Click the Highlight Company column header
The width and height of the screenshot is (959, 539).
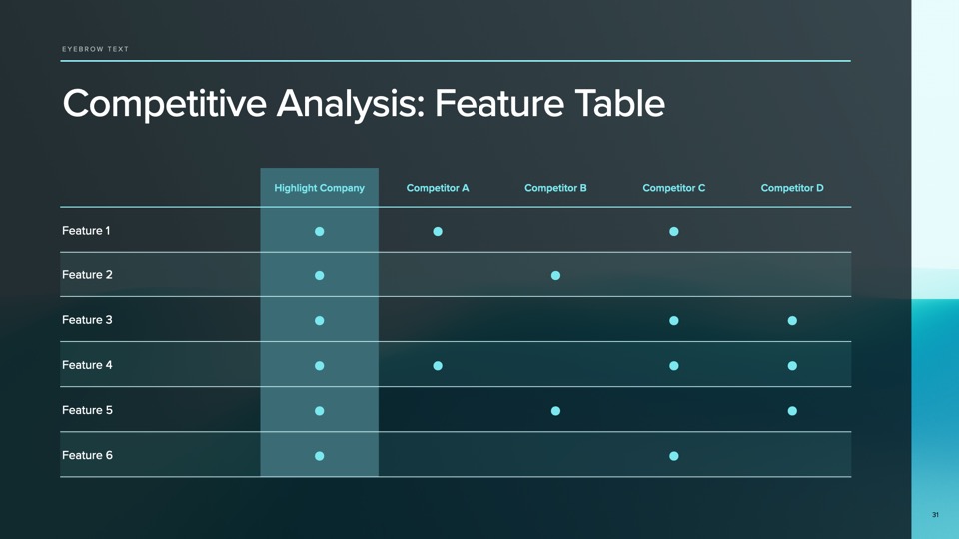click(x=319, y=188)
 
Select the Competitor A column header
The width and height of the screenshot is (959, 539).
click(x=438, y=188)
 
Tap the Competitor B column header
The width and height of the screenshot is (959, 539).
click(x=555, y=188)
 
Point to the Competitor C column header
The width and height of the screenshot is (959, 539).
click(x=674, y=188)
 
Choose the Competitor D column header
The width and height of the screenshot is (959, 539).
click(x=792, y=188)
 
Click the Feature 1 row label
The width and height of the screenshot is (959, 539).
click(x=86, y=231)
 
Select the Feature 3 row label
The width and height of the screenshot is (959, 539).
click(x=87, y=320)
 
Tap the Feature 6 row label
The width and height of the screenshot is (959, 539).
click(x=87, y=455)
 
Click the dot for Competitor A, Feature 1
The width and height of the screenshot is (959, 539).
click(x=438, y=231)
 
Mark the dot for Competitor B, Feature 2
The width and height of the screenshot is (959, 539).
click(x=555, y=275)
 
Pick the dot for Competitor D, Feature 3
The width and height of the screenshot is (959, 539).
click(x=792, y=320)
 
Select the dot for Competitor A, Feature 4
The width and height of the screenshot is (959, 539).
click(x=438, y=366)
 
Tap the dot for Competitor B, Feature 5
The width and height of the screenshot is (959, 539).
click(x=555, y=410)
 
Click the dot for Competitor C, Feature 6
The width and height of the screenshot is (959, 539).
click(x=674, y=456)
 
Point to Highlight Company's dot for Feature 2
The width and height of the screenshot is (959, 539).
click(x=320, y=275)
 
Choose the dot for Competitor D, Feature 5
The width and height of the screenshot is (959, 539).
click(x=792, y=410)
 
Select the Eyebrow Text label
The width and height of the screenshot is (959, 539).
click(x=96, y=49)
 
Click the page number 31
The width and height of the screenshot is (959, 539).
click(x=935, y=515)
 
